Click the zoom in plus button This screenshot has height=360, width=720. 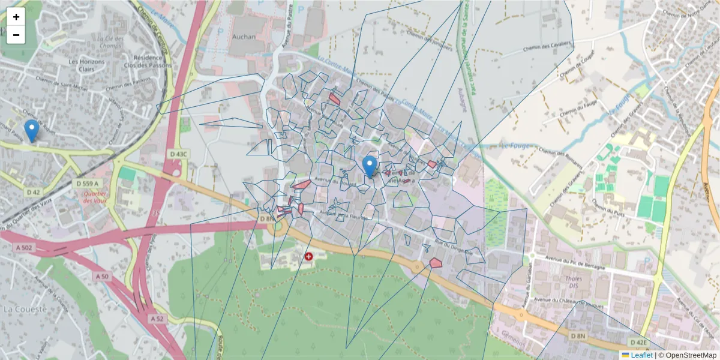pos(16,17)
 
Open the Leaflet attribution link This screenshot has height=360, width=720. pos(641,355)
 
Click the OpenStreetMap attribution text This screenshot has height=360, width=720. pos(691,355)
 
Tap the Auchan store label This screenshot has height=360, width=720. pos(244,37)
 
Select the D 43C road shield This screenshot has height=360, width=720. pos(179,154)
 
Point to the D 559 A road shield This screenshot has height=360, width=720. pos(88,182)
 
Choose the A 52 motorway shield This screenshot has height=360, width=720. pos(157,318)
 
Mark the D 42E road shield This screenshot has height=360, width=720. pos(638,343)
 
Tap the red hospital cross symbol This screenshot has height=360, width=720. pos(309,256)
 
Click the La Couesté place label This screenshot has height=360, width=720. pos(25,309)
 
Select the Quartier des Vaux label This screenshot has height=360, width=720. pos(95,197)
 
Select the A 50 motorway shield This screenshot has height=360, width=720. pos(102,276)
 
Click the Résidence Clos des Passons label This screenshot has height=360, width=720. pos(152,62)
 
